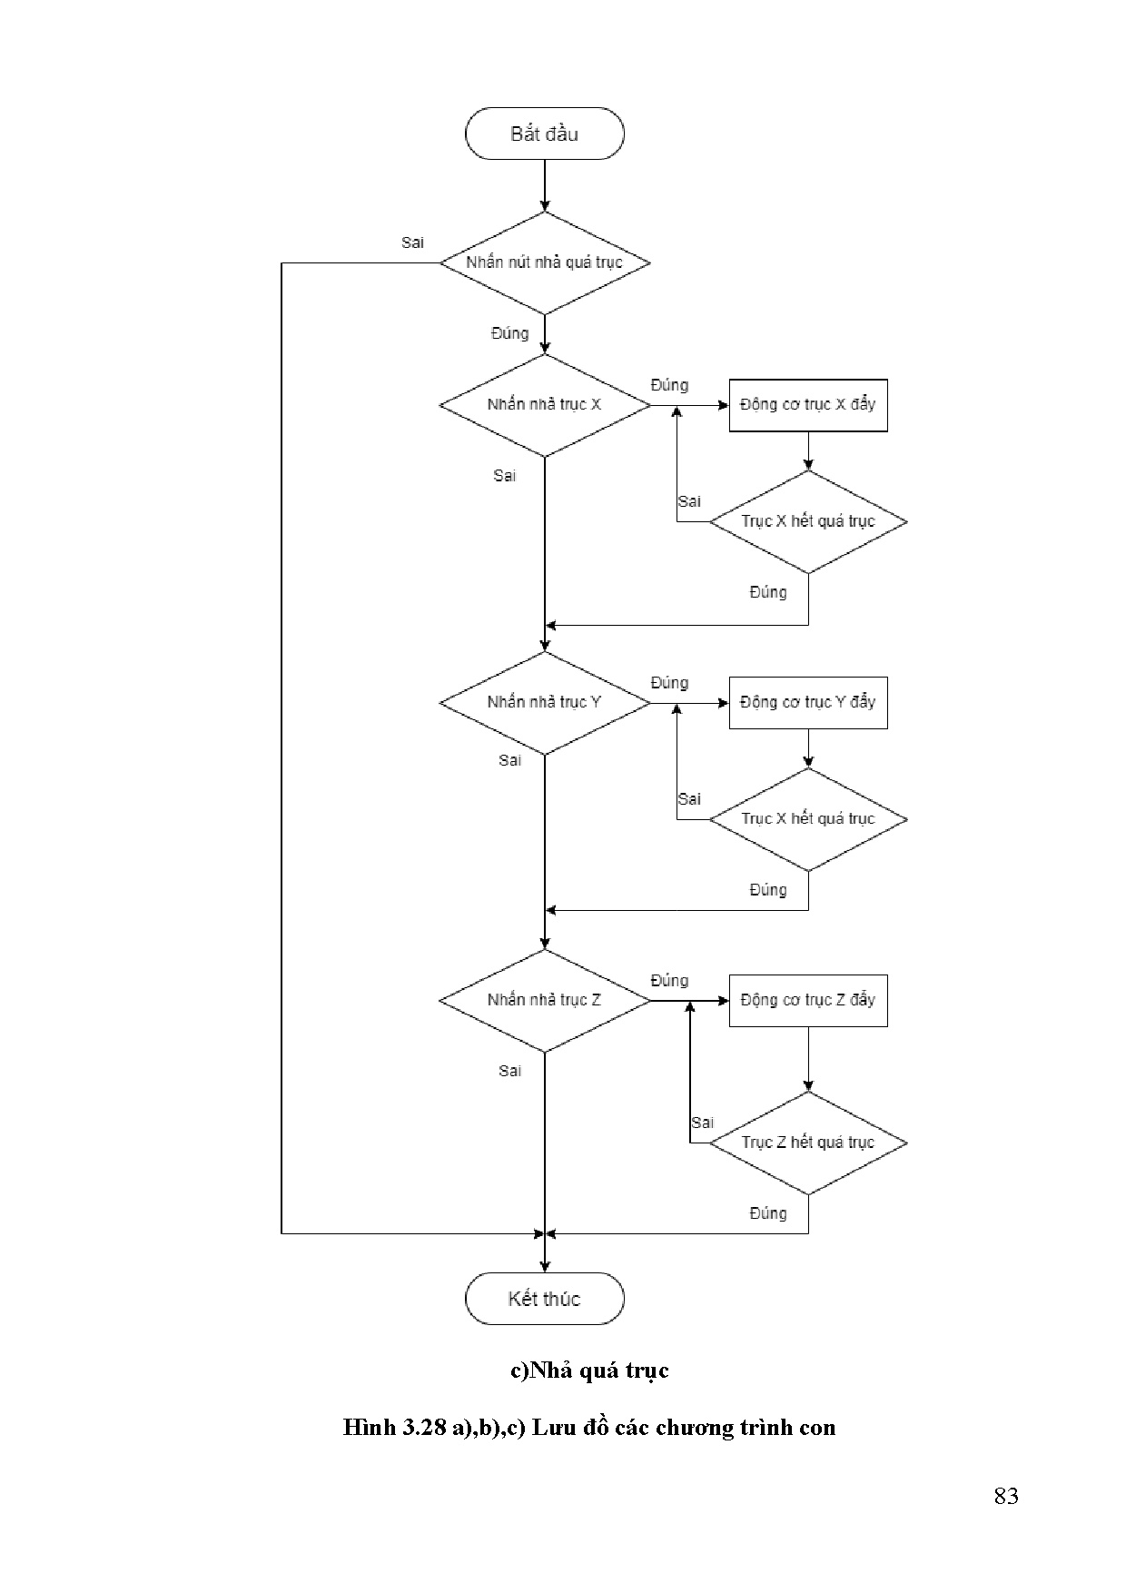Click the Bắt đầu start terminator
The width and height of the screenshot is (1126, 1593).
pos(544,134)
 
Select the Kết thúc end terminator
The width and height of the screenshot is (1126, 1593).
pos(544,1299)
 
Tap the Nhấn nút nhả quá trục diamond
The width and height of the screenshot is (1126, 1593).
pos(544,263)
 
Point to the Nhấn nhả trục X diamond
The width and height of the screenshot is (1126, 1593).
pos(544,405)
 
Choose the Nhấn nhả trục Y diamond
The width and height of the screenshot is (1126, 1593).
pos(544,703)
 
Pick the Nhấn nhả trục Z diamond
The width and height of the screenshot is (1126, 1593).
pos(544,1001)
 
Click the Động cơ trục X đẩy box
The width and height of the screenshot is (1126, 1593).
pos(807,405)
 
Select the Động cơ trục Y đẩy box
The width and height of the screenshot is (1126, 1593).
pos(807,703)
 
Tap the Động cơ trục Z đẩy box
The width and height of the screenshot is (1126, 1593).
pos(807,1001)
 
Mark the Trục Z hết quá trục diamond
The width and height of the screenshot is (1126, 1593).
pos(807,1143)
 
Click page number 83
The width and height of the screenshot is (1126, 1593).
pos(1005,1497)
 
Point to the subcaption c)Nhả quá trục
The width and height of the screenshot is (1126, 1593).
pos(589,1370)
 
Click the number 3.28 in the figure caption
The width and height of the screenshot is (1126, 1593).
pos(423,1428)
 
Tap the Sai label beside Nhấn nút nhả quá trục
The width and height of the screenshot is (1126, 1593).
pos(412,243)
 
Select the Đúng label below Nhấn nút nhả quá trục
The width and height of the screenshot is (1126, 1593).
pos(509,333)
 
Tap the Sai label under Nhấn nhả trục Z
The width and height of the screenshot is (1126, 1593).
pos(509,1072)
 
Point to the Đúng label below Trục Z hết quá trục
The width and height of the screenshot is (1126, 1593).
pos(767,1213)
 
